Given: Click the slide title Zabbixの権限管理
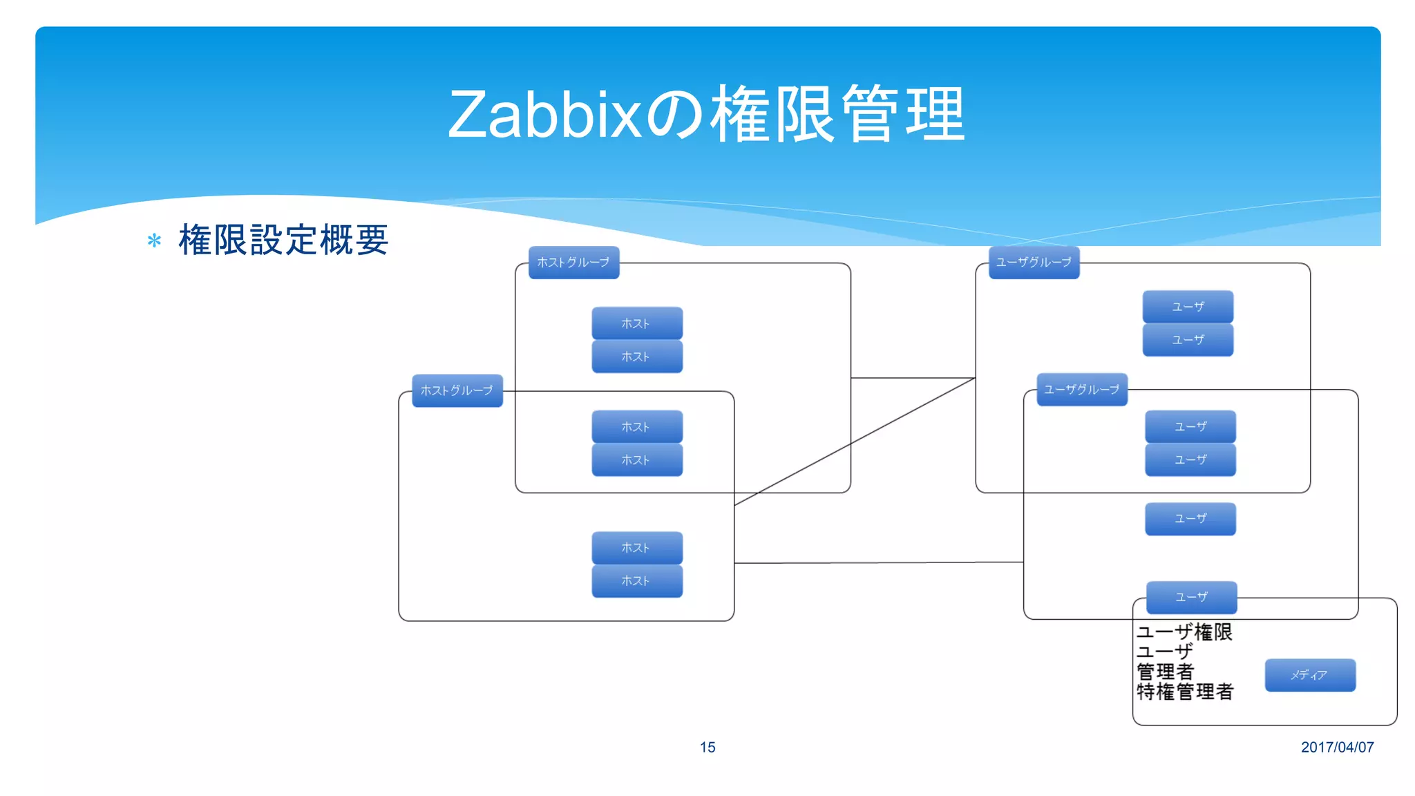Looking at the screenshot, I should coord(706,115).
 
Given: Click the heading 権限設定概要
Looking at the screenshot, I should coord(283,240).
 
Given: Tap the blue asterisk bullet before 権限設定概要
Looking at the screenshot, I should coord(154,241).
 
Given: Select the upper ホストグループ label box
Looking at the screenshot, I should coord(573,263).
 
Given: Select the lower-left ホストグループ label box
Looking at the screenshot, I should coord(457,390).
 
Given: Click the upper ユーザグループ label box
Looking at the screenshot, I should coord(1034,263).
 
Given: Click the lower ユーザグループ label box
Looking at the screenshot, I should coord(1082,390).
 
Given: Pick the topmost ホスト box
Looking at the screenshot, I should coord(636,323).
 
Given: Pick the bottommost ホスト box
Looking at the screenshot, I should coord(636,581).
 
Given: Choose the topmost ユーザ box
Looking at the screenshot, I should coord(1188,306).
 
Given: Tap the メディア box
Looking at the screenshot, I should coord(1310,675).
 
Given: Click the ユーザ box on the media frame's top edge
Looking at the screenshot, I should coord(1191,597).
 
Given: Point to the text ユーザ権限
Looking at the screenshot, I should coord(1184,632).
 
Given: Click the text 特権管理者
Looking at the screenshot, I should coord(1184,692).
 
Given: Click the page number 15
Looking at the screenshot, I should coord(707,747).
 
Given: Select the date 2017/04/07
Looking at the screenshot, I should coord(1337,747).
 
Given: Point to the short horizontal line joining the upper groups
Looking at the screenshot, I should coord(912,378).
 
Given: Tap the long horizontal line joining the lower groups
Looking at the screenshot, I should coord(877,562).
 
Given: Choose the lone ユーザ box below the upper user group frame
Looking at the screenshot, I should coord(1190,518).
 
